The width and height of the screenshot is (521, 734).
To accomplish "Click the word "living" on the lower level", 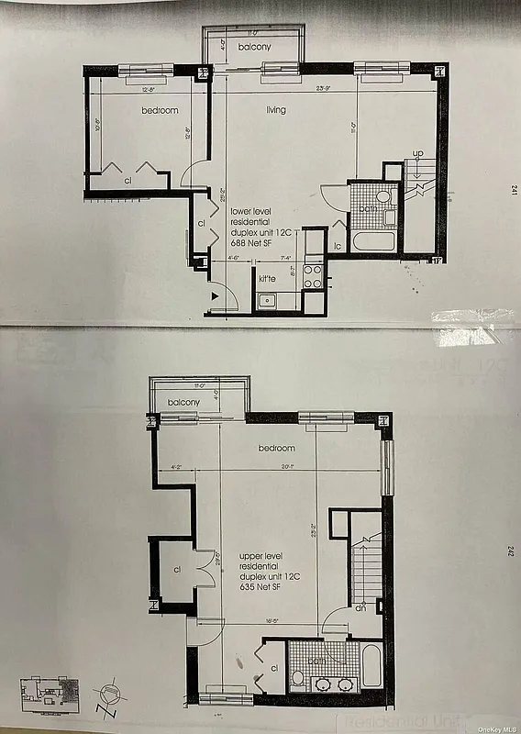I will pyautogui.click(x=275, y=111).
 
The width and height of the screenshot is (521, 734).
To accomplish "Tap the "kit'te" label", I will pyautogui.click(x=267, y=277).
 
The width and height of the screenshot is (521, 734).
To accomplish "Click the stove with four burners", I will pyautogui.click(x=313, y=276).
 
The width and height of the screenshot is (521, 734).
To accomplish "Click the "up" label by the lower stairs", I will pyautogui.click(x=417, y=152).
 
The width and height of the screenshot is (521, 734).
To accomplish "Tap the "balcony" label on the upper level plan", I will pyautogui.click(x=184, y=403).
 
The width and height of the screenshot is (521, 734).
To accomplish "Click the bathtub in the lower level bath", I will pyautogui.click(x=375, y=240).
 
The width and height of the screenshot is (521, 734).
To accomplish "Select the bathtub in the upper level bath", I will pyautogui.click(x=371, y=667).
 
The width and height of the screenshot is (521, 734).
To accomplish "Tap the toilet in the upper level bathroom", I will pyautogui.click(x=297, y=680).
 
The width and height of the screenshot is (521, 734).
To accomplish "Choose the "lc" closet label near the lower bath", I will pyautogui.click(x=338, y=246).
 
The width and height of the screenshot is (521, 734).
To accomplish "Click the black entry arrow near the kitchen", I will pyautogui.click(x=215, y=295).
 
